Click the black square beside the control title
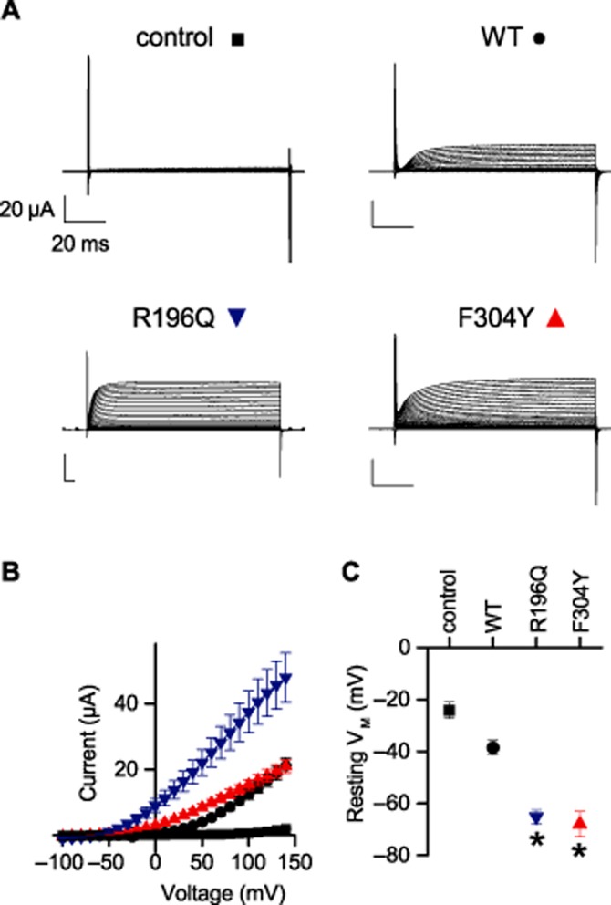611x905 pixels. click(x=238, y=39)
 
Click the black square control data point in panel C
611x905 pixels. click(x=449, y=709)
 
